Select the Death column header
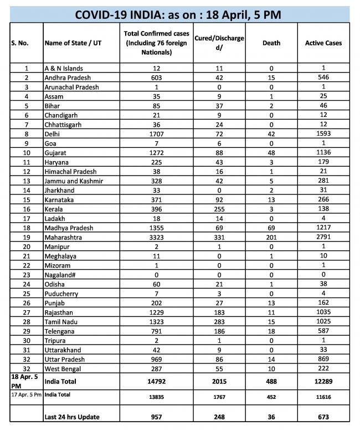[271, 43]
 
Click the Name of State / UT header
[70, 43]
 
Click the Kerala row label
[54, 210]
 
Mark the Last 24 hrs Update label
[75, 417]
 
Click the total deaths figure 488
[271, 381]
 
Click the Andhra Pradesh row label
[68, 78]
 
